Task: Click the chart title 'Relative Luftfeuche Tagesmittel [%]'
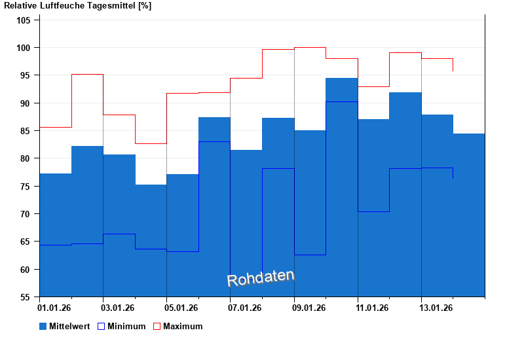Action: [77, 6]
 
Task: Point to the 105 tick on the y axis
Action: [24, 20]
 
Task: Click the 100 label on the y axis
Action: [24, 48]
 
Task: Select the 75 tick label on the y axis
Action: [26, 187]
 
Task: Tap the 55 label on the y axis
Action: [26, 297]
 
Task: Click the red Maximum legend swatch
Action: [157, 326]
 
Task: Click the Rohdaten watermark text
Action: [261, 278]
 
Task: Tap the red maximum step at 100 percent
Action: [310, 47]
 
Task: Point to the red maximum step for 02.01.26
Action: [87, 75]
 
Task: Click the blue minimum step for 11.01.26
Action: [373, 211]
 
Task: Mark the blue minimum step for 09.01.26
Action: [310, 255]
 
